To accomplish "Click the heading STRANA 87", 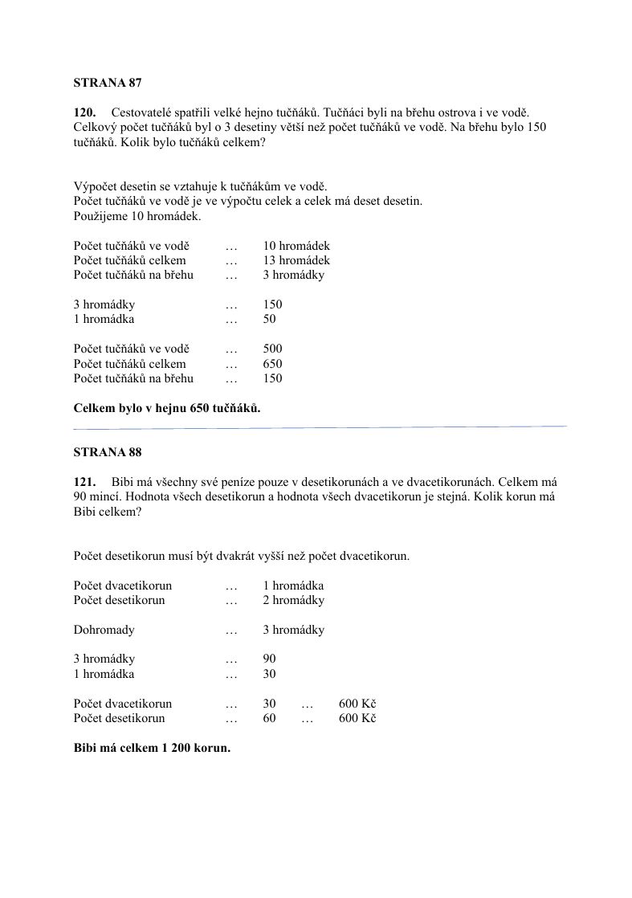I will pyautogui.click(x=108, y=82).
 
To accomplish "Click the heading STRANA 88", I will pyautogui.click(x=108, y=452).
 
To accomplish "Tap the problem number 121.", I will pyautogui.click(x=85, y=482).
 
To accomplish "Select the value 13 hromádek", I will pyautogui.click(x=296, y=260).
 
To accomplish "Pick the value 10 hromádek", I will pyautogui.click(x=296, y=246).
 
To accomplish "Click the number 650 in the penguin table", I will pyautogui.click(x=273, y=364).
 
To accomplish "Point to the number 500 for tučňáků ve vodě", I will pyautogui.click(x=273, y=349).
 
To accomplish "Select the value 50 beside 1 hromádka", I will pyautogui.click(x=270, y=319).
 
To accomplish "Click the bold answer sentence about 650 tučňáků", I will pyautogui.click(x=167, y=408).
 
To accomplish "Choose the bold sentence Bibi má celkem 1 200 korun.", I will pyautogui.click(x=152, y=748).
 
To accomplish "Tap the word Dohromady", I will pyautogui.click(x=104, y=630).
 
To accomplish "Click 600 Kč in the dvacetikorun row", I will pyautogui.click(x=357, y=704).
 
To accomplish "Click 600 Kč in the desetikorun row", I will pyautogui.click(x=357, y=718).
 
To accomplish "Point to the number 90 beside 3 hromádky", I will pyautogui.click(x=270, y=659).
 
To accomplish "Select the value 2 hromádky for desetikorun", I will pyautogui.click(x=294, y=600).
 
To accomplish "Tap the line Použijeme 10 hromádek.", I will pyautogui.click(x=137, y=216).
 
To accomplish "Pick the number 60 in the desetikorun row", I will pyautogui.click(x=270, y=718).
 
